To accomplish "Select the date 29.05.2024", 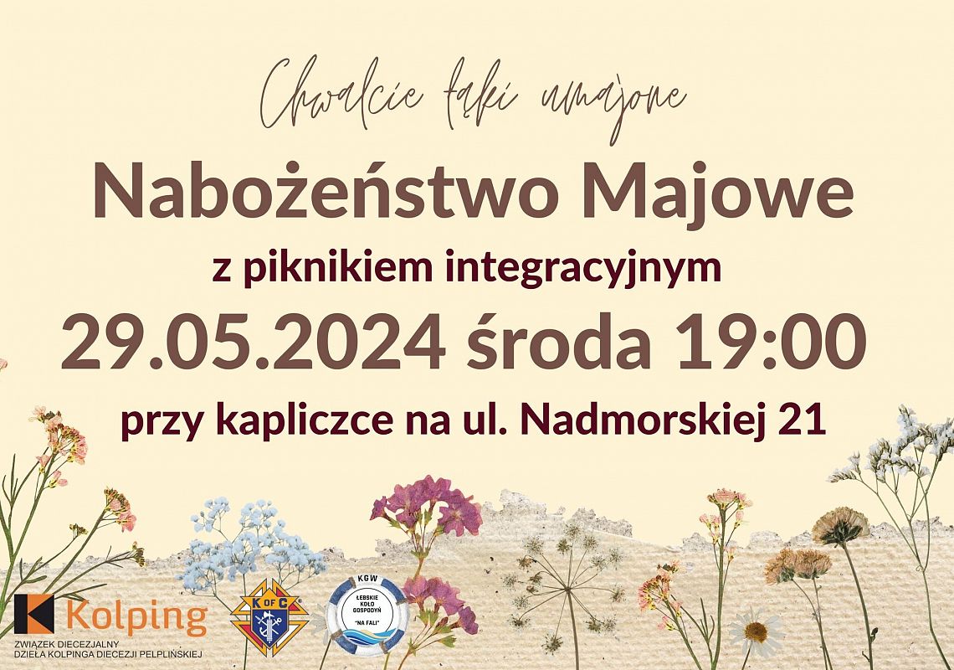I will pos(252,343).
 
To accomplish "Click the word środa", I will pos(559,343).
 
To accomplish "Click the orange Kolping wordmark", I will pos(135,617).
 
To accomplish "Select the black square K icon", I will pos(33,614).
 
